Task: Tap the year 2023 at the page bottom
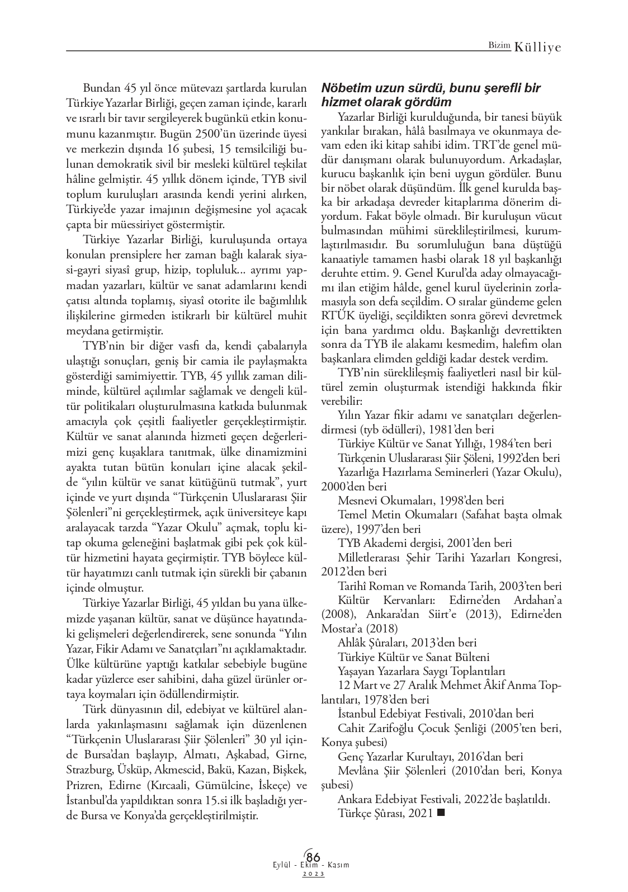314,874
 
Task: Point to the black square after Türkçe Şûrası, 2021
440,814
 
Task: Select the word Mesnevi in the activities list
357,500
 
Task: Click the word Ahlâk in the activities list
352,643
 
